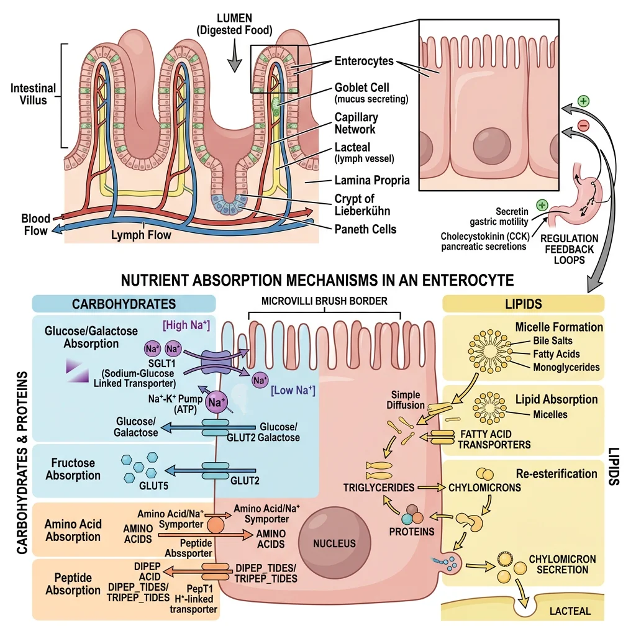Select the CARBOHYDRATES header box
[124, 304]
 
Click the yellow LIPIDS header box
[523, 304]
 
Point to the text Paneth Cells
[365, 229]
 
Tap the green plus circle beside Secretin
[542, 204]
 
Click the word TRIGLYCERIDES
[378, 488]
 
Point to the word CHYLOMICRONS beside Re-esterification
[484, 488]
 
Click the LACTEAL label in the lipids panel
[570, 612]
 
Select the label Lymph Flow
[141, 235]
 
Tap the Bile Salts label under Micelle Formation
[553, 341]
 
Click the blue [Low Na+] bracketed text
[293, 391]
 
